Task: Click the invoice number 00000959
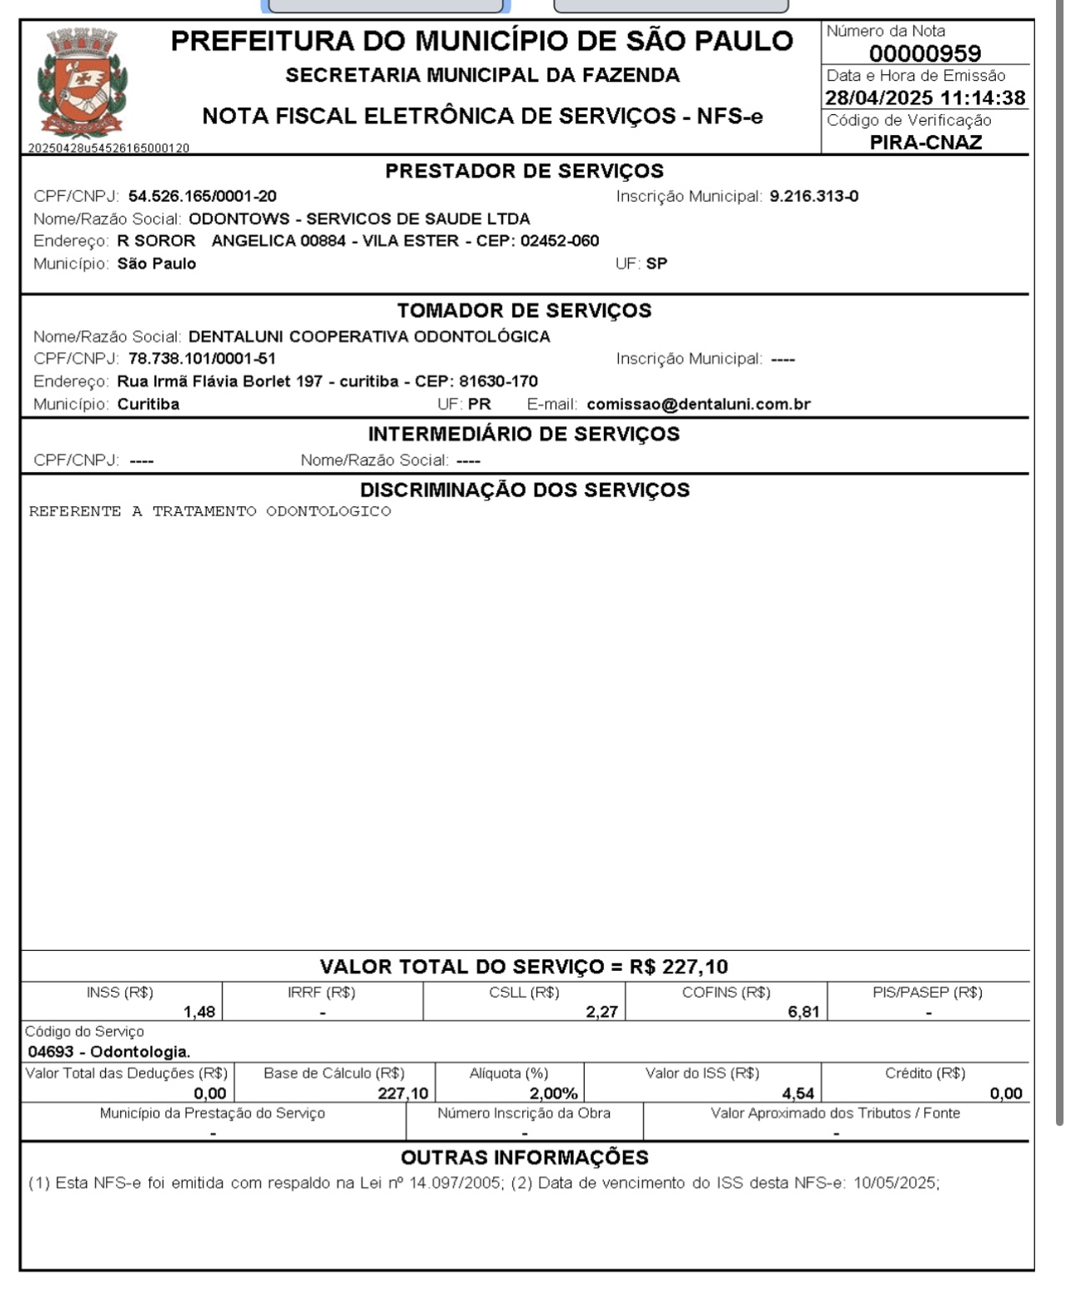click(x=925, y=54)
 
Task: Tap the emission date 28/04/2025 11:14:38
click(x=925, y=98)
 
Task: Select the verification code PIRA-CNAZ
click(x=926, y=143)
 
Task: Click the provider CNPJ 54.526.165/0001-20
click(x=203, y=197)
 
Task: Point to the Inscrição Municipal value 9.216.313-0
click(x=814, y=197)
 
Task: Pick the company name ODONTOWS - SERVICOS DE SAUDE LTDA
click(x=360, y=219)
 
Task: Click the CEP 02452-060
click(x=560, y=241)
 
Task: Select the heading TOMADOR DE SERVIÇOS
click(x=525, y=311)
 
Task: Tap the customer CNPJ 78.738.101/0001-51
click(x=202, y=359)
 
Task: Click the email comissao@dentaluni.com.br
click(x=699, y=405)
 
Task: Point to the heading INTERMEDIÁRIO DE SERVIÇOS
click(x=524, y=435)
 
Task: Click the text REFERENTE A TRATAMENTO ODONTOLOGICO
click(x=210, y=511)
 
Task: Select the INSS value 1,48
click(x=199, y=1013)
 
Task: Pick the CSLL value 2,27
click(x=601, y=1013)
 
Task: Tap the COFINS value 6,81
click(x=803, y=1013)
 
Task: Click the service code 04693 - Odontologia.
click(x=109, y=1052)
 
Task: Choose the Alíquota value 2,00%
click(x=553, y=1093)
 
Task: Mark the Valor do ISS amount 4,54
click(x=798, y=1093)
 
